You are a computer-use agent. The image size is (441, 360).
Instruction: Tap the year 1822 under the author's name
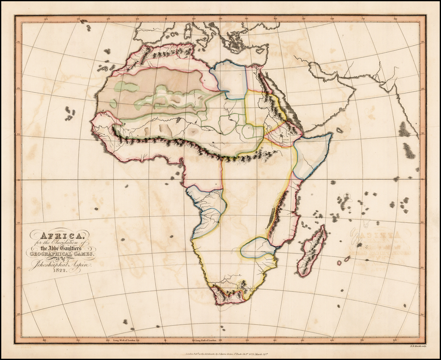tap(59, 270)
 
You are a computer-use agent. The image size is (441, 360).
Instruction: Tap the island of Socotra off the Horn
tap(340, 130)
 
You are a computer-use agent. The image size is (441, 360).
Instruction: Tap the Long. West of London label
tap(127, 341)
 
